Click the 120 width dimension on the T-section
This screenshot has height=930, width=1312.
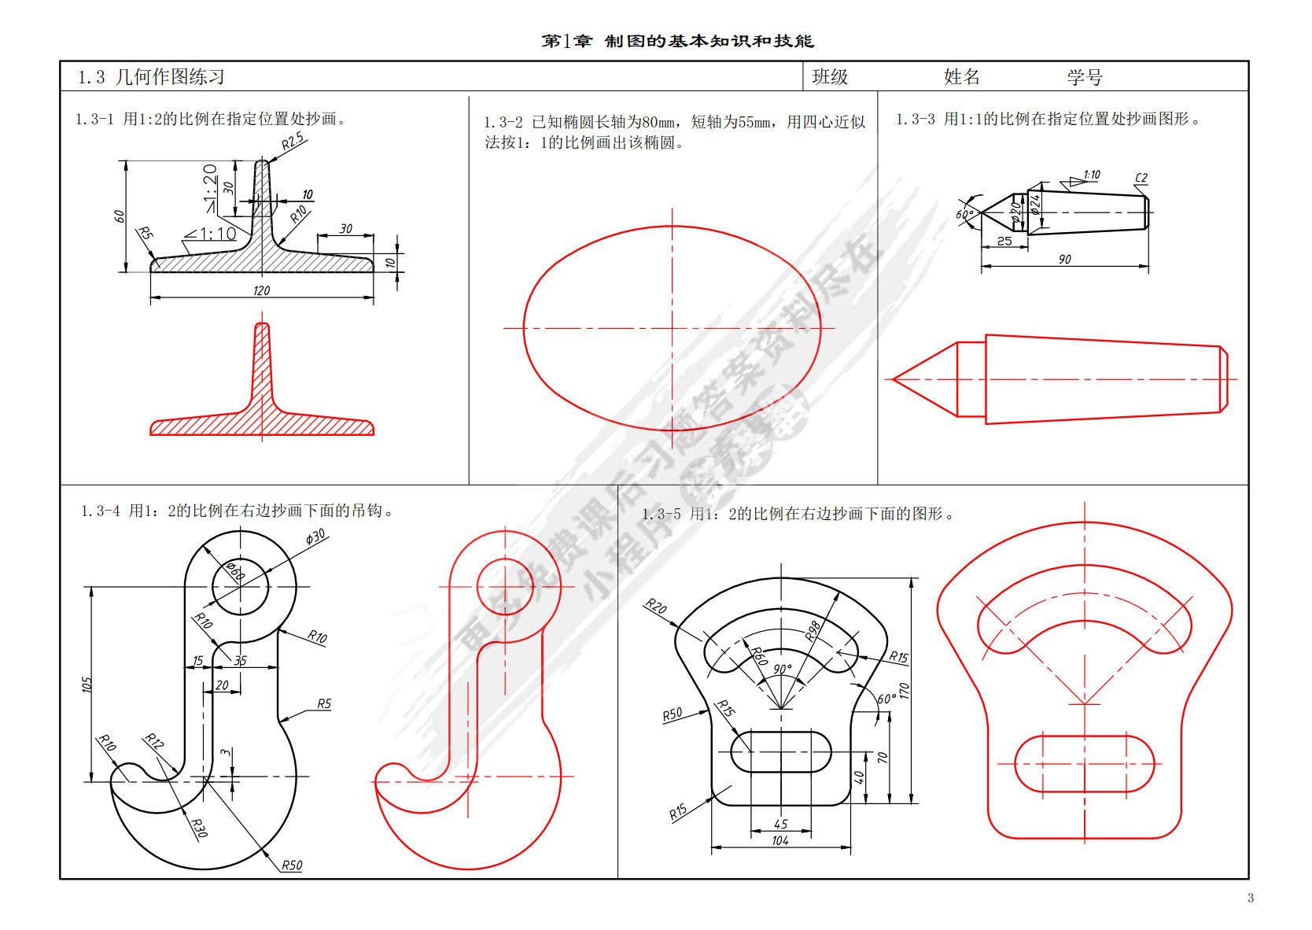(x=262, y=290)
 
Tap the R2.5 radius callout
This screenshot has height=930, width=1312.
(x=293, y=142)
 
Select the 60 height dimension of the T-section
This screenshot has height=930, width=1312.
(x=120, y=215)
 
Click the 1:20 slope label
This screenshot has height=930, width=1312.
(x=210, y=183)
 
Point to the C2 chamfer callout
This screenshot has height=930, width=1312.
(x=1141, y=177)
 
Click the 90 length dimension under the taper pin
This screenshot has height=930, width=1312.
(x=1065, y=259)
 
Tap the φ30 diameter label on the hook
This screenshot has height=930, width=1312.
(x=315, y=537)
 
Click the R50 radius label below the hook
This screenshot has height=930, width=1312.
(x=291, y=865)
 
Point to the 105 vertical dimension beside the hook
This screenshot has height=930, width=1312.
(x=87, y=685)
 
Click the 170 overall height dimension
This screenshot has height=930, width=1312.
(x=905, y=691)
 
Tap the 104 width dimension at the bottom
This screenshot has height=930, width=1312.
(x=780, y=840)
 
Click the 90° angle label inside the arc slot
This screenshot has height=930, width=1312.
(x=782, y=669)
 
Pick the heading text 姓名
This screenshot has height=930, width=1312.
(x=961, y=76)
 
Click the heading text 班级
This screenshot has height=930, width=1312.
(x=830, y=76)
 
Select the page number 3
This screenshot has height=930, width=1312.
(x=1251, y=898)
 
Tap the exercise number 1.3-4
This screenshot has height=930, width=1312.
(x=100, y=511)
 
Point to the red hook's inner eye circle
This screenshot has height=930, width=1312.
(x=503, y=585)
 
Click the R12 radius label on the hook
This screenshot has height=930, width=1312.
(x=153, y=740)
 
